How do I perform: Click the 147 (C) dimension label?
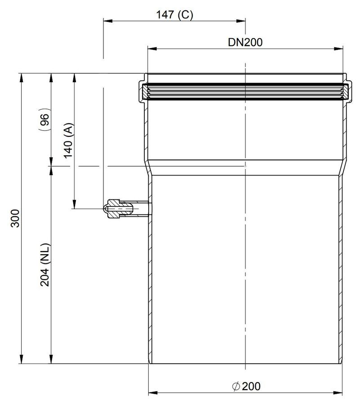174,15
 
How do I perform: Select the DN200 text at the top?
245,42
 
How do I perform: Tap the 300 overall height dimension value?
15,218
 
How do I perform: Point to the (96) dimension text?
44,119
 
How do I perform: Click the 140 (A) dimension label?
69,141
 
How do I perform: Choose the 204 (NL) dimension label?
45,264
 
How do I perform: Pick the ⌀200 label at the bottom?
246,386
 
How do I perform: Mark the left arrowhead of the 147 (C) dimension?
108,21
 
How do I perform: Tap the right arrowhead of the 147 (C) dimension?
240,21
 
